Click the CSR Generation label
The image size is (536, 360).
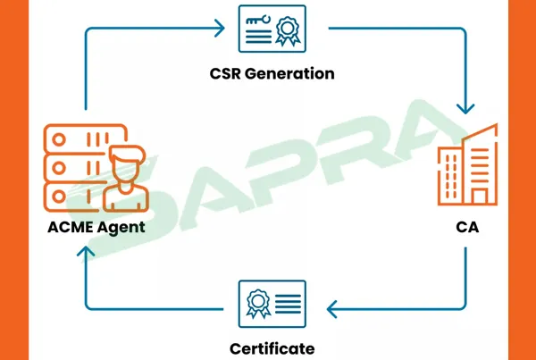(x=273, y=73)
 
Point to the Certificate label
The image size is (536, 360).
(x=272, y=347)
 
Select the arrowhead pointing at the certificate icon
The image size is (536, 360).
(x=333, y=310)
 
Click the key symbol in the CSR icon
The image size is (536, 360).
(x=258, y=21)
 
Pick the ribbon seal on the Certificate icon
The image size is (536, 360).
(x=257, y=302)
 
